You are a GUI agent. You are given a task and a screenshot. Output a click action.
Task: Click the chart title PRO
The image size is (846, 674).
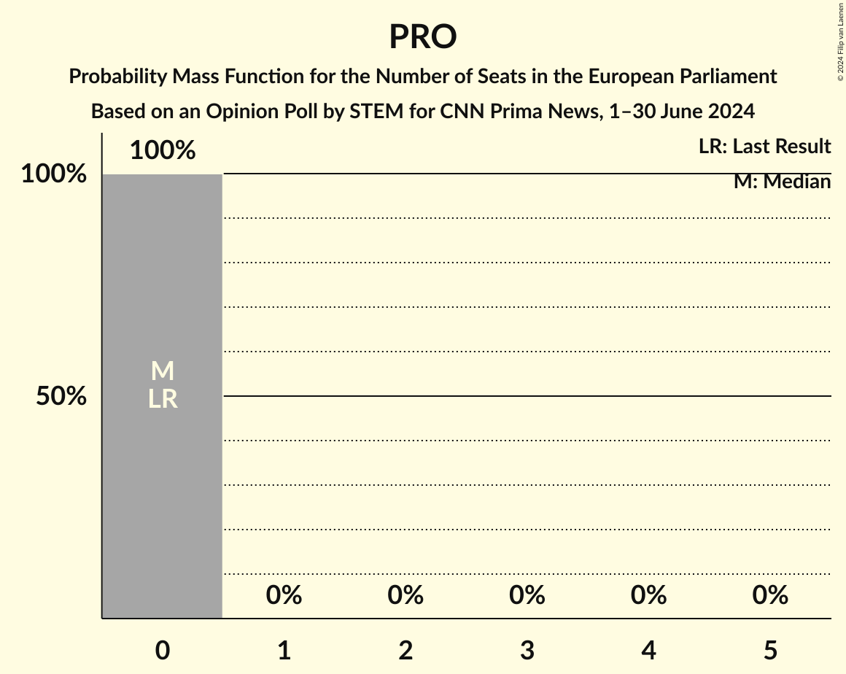coord(422,36)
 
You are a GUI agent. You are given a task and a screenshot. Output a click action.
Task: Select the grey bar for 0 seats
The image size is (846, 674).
coord(162,496)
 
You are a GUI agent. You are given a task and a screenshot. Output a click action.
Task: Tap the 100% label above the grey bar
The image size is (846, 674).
coord(163,150)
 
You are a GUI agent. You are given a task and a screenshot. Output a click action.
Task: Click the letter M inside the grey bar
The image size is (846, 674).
coord(163,371)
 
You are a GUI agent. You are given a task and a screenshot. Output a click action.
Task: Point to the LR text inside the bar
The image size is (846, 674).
coord(163,399)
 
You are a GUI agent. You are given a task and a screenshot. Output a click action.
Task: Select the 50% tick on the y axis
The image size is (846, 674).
coord(62,397)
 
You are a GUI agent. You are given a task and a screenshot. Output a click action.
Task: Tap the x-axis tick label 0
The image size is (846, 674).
coord(163,650)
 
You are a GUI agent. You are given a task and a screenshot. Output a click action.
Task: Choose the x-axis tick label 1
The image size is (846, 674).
coord(284,650)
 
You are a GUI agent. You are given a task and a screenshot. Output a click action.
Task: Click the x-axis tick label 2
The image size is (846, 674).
coord(405,650)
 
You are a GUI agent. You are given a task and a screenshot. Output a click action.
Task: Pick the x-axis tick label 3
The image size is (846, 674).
coord(527,650)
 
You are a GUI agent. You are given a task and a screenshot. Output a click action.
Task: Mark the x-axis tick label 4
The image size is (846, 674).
coord(649,650)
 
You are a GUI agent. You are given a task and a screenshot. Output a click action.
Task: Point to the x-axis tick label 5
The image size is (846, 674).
coord(770,650)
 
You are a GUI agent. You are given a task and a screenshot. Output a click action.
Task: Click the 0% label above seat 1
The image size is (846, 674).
coord(284,595)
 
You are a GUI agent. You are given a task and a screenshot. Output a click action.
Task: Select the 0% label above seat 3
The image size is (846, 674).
coord(527,595)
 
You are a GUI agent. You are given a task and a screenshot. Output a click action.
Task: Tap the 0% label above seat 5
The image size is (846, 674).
coord(770,595)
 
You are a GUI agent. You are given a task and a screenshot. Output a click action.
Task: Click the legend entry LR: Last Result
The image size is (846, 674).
coord(764,147)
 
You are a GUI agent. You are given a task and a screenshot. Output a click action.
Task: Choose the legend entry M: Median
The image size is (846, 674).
coord(782,182)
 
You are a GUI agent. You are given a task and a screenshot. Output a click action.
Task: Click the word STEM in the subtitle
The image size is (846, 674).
coord(373,112)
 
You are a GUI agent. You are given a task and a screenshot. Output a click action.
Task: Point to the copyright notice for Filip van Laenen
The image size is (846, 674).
coord(840,41)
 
